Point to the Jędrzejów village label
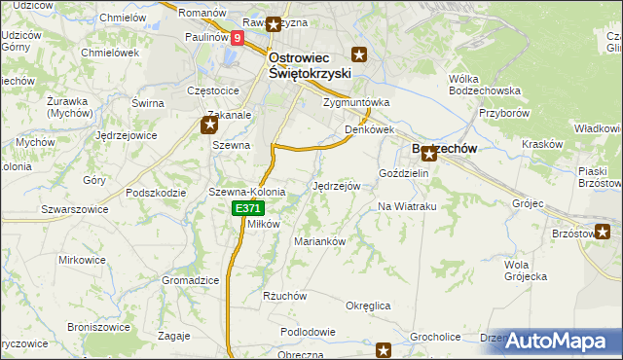click(337, 185)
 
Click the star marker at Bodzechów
click(428, 153)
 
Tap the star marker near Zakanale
click(209, 124)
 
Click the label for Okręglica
click(368, 306)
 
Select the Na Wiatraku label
click(406, 207)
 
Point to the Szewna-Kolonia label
click(246, 193)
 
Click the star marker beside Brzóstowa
click(604, 232)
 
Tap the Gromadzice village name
click(190, 280)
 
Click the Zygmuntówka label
click(355, 101)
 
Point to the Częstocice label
click(213, 90)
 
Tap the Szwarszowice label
click(72, 209)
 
